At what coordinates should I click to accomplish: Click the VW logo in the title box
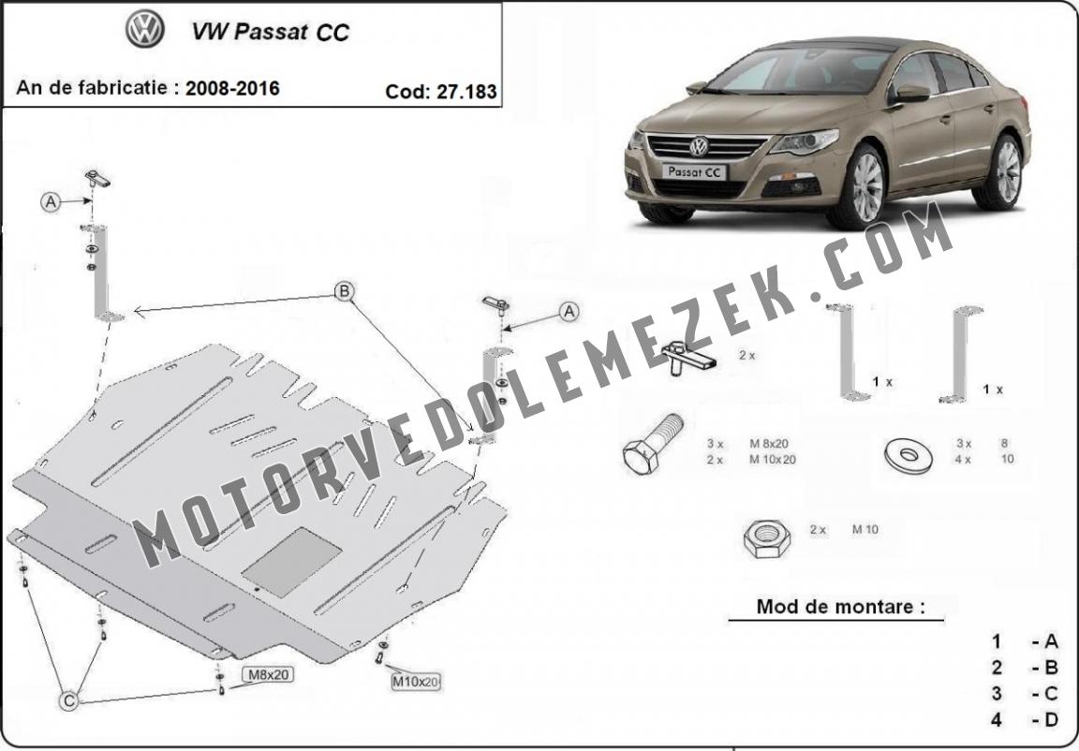coord(145,30)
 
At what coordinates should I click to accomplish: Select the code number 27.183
coord(466,92)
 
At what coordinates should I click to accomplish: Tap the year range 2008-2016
coord(232,88)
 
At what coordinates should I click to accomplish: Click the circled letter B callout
coord(344,291)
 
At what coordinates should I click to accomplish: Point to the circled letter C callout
coord(68,700)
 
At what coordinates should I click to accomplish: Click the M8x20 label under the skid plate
coord(267,674)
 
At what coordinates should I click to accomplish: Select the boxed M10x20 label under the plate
coord(415,682)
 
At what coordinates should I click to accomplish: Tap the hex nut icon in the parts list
coord(766,538)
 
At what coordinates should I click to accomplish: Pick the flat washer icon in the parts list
coord(909,454)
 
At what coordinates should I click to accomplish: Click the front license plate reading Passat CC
coord(694,172)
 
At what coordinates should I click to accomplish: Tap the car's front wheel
coord(860,187)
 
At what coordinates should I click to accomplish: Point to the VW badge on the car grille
coord(699,146)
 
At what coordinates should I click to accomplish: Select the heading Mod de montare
coord(840,607)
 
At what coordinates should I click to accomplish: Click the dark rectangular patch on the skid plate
coord(292,562)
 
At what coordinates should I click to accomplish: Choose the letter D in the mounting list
coord(1051,719)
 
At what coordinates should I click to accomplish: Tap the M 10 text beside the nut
coord(865,530)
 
